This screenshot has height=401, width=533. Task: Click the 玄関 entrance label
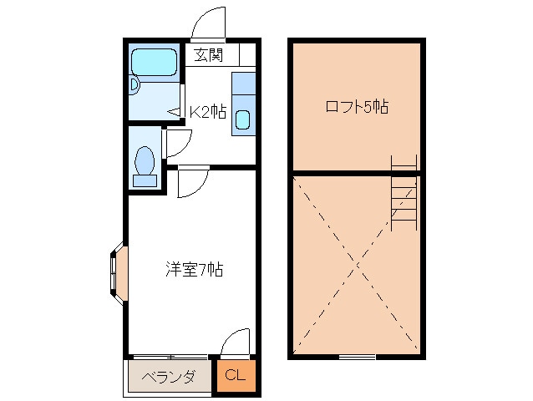click(x=210, y=56)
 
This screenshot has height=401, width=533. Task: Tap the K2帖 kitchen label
click(x=207, y=112)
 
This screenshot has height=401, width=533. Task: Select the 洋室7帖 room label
click(x=193, y=269)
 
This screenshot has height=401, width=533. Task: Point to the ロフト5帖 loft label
click(x=357, y=107)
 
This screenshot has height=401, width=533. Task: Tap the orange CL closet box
click(x=236, y=376)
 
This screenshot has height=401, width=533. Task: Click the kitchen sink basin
click(x=242, y=119)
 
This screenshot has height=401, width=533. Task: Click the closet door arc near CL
click(x=236, y=343)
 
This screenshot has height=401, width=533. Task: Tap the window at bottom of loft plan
click(x=357, y=357)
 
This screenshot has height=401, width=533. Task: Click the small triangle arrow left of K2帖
click(x=175, y=111)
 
